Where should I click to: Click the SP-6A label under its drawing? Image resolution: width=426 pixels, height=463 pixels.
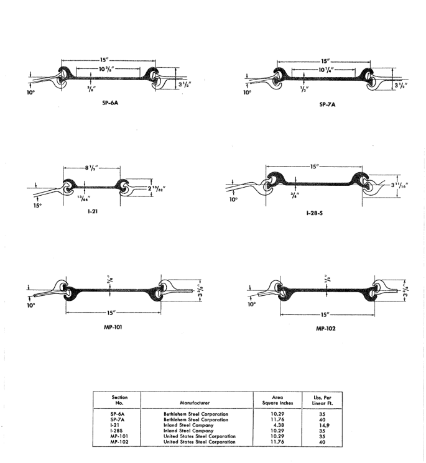[110, 103]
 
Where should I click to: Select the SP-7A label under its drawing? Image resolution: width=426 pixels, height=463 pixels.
[327, 104]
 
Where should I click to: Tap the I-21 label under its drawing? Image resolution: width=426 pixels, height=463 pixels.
[93, 211]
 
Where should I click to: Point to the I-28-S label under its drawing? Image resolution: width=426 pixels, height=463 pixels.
[314, 213]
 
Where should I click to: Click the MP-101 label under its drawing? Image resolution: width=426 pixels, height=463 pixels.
[113, 327]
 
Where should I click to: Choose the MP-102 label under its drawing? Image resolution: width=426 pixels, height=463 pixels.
[326, 328]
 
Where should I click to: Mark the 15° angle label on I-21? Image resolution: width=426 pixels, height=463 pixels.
[37, 205]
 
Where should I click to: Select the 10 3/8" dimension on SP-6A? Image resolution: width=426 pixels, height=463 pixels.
[106, 69]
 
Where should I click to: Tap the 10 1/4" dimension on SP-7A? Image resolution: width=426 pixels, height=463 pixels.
[326, 70]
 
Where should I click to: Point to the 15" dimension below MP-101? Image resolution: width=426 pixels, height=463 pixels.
[111, 313]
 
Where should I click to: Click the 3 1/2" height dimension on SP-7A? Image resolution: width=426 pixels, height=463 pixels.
[401, 86]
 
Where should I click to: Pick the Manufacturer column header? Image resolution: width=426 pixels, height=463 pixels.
[195, 403]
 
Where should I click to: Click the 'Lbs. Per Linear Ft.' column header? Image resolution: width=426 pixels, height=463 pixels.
[322, 400]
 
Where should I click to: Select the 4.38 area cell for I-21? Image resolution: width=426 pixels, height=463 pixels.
[279, 425]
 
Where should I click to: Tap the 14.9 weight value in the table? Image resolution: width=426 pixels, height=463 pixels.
[324, 425]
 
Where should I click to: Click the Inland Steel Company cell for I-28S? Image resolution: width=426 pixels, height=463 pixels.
[188, 431]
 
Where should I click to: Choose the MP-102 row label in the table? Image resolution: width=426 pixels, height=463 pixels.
[119, 442]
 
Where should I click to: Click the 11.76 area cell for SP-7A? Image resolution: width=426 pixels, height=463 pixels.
[277, 419]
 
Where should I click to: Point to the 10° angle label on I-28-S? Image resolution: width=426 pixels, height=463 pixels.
[233, 199]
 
